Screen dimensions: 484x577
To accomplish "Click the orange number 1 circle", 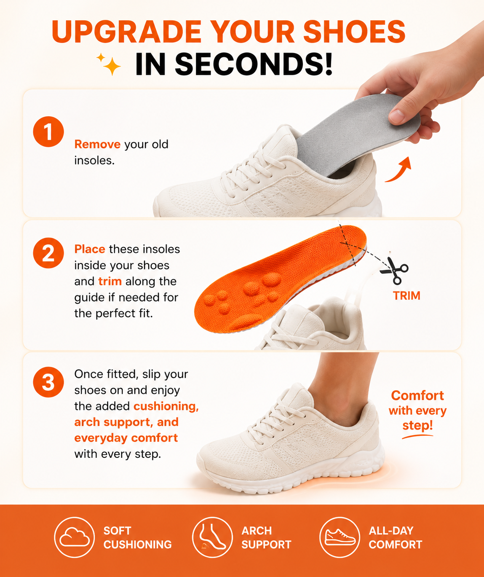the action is tap(48, 132).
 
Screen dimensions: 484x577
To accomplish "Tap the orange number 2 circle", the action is tap(48, 253).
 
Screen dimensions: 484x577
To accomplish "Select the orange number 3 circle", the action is tap(48, 382).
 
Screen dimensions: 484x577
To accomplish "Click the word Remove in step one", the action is tap(97, 144).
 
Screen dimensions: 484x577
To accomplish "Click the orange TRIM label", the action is tap(406, 296).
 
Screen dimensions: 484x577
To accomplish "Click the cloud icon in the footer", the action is tap(75, 537).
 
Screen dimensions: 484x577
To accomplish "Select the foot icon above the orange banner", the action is tap(212, 537).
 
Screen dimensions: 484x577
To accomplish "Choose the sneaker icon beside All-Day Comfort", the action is tap(340, 537).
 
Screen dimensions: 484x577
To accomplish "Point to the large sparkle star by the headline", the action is tap(112, 66).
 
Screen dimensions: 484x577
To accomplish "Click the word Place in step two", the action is tap(90, 249).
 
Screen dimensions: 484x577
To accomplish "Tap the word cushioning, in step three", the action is tap(166, 406).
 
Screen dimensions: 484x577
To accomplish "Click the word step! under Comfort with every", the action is tap(417, 425).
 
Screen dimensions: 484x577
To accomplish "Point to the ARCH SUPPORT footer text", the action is tap(266, 537).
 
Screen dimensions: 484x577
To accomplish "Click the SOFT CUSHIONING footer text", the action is tap(138, 537).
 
